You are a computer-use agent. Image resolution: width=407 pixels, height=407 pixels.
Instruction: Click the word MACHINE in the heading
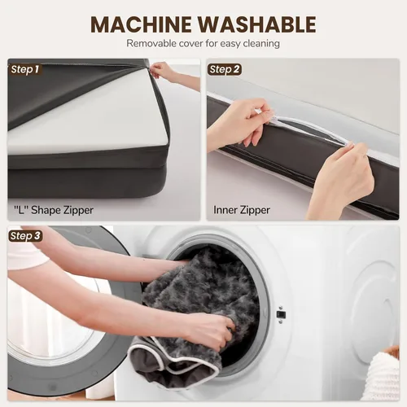[141, 24]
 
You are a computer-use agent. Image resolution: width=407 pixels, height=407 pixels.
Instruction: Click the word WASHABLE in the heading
[256, 24]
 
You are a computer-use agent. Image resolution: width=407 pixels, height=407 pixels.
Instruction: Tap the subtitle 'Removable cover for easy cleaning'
[203, 43]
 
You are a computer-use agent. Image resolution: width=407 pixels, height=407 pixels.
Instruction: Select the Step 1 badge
[25, 69]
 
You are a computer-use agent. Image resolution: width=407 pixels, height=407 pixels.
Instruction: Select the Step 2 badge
[225, 69]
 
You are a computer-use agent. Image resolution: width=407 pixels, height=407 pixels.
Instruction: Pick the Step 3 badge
[25, 236]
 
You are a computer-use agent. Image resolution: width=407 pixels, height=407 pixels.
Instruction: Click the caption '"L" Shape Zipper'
[54, 210]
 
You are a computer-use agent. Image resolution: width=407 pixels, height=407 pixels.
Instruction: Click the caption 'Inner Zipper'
[242, 210]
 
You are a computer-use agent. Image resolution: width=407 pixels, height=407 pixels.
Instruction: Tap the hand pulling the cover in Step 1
[163, 71]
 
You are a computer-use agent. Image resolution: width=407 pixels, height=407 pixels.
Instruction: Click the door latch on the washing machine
[281, 315]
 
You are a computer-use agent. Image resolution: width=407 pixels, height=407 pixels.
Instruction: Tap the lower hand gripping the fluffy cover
[212, 331]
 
